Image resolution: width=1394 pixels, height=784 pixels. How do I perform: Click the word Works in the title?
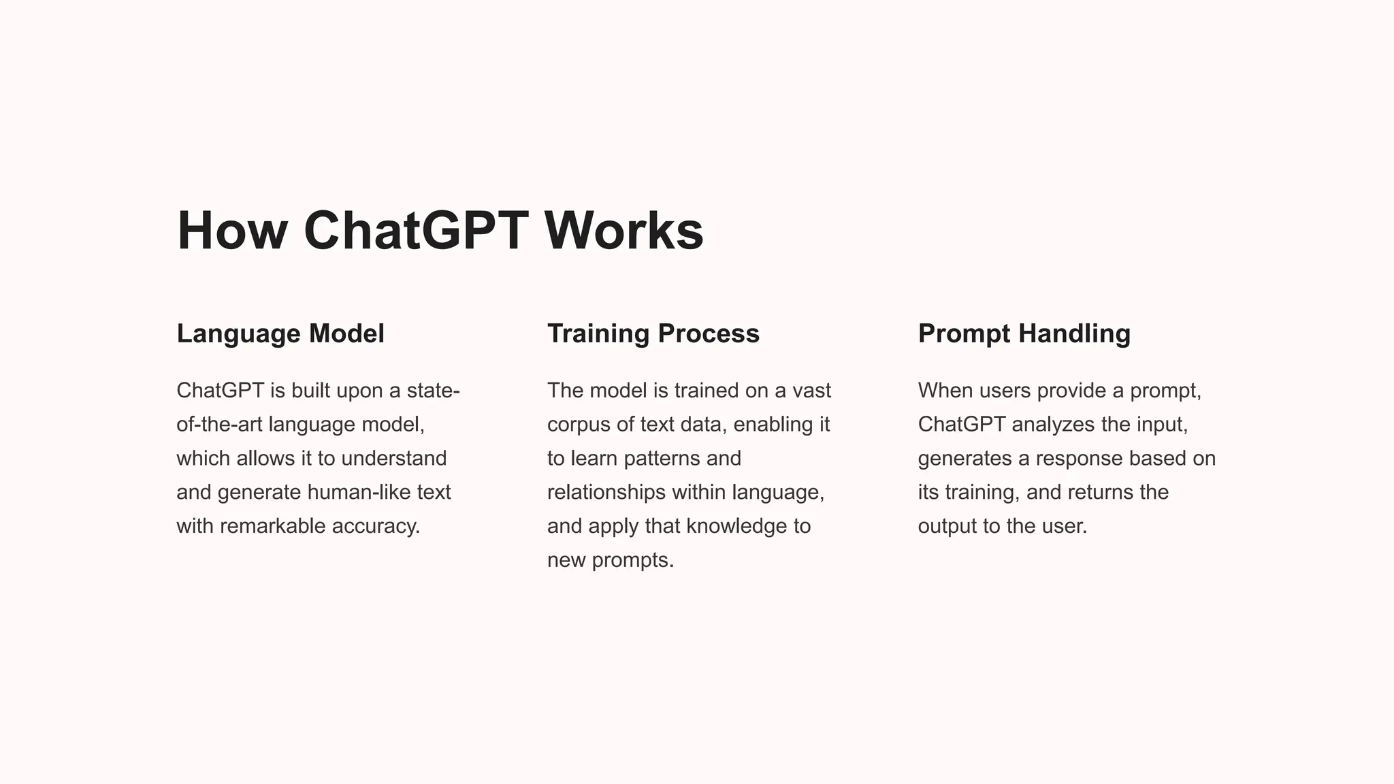(623, 231)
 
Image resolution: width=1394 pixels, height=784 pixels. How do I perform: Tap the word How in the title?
(231, 231)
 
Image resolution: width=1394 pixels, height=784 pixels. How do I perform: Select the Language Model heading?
(280, 333)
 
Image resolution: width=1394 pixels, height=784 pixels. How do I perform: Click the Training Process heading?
(653, 333)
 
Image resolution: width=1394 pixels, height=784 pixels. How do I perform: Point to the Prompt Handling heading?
(1024, 333)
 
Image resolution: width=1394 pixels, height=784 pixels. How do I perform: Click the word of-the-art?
(219, 425)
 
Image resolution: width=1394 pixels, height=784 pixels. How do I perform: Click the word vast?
(811, 391)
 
